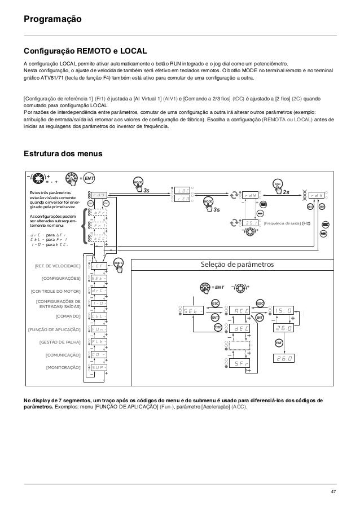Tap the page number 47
(x=333, y=493)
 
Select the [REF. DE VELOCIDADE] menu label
(x=57, y=265)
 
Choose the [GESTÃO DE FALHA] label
(x=59, y=342)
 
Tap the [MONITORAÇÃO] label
(x=62, y=367)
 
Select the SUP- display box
(x=98, y=367)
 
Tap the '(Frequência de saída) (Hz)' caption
(x=290, y=223)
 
